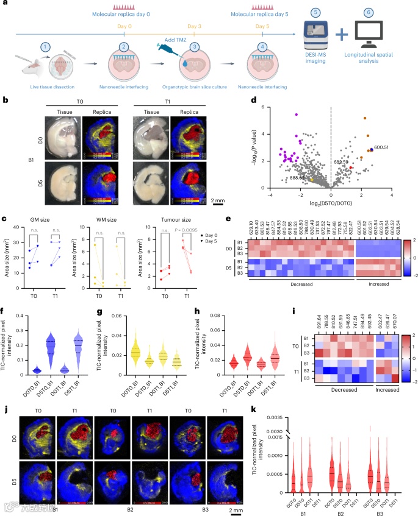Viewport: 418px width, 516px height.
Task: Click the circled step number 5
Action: coord(315,12)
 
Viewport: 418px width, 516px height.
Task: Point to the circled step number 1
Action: coord(44,45)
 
